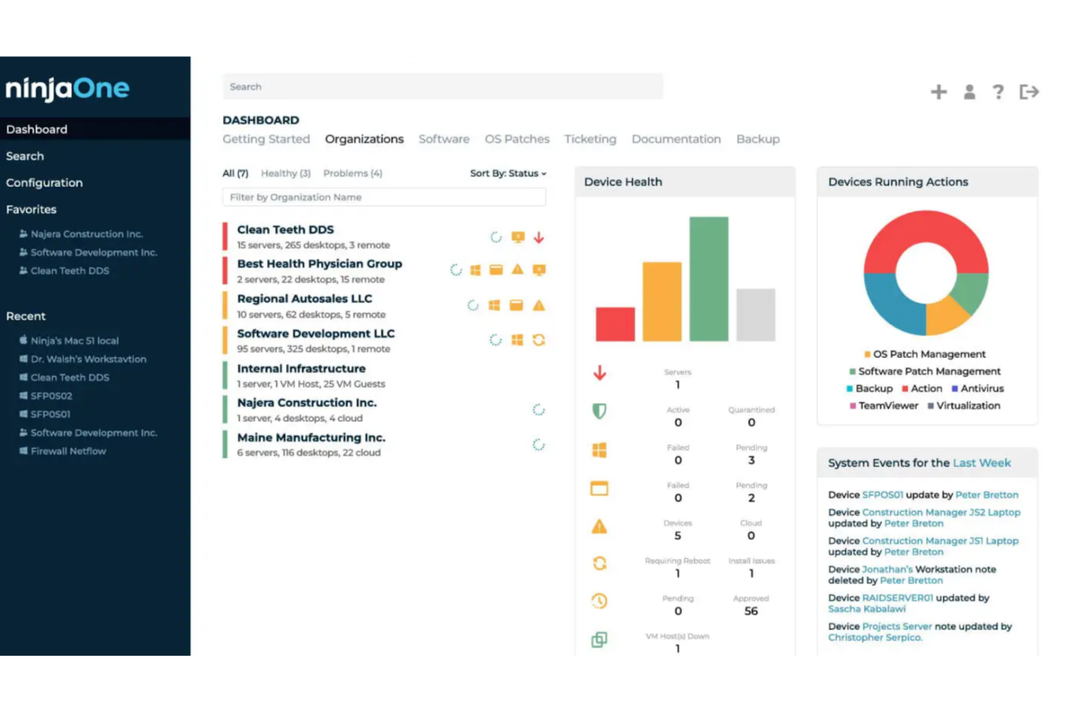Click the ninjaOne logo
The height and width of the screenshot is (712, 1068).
click(67, 89)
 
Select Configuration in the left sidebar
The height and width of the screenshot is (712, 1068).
click(44, 183)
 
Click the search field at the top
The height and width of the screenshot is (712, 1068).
click(442, 87)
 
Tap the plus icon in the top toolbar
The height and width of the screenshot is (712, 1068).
click(938, 92)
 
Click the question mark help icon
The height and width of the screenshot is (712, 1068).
click(998, 92)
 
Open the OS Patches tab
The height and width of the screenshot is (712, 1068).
click(517, 139)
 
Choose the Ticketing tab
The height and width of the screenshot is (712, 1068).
click(590, 139)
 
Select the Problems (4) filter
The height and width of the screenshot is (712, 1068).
click(352, 173)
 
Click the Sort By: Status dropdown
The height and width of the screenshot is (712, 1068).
click(508, 173)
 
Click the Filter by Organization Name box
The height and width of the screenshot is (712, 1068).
click(383, 197)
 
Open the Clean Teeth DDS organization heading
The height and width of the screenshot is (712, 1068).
click(285, 229)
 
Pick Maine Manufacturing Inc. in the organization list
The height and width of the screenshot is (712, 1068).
click(311, 437)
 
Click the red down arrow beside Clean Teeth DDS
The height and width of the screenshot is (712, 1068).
click(538, 237)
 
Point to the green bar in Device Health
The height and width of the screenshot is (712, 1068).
click(708, 278)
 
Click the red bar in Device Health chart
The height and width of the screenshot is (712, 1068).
click(615, 324)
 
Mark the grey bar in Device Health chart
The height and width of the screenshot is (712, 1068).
click(755, 315)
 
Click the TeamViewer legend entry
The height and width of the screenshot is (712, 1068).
click(888, 405)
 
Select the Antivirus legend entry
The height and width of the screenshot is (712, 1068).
click(981, 388)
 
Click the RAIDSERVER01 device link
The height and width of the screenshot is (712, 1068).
click(897, 597)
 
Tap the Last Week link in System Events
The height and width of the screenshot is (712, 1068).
click(981, 463)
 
